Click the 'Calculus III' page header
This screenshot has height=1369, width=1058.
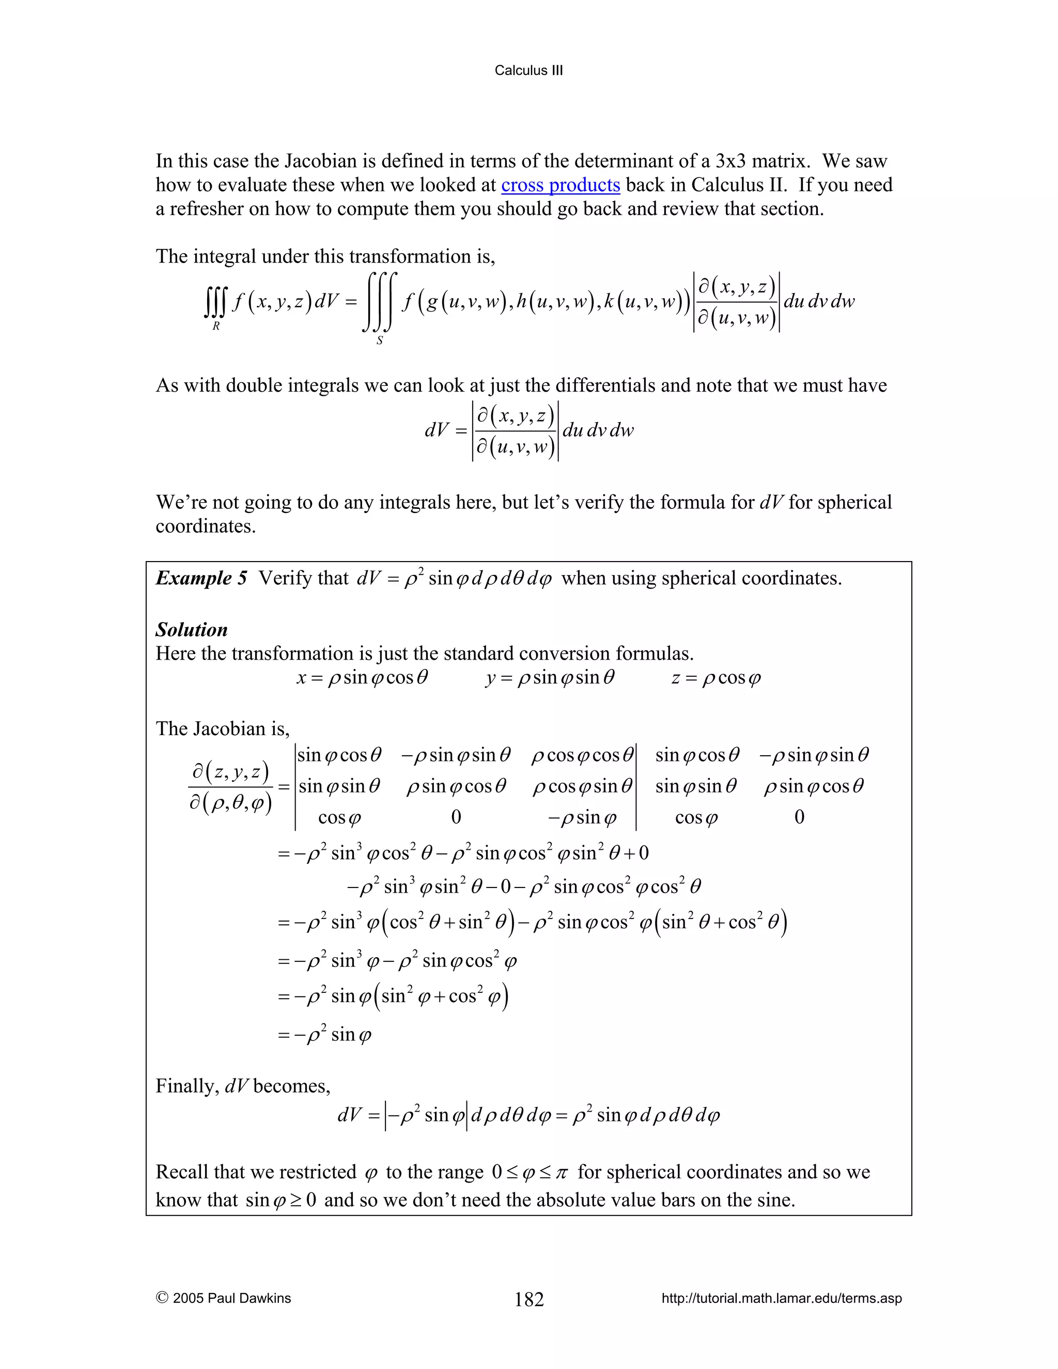point(528,70)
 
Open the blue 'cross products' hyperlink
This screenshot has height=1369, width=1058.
point(561,185)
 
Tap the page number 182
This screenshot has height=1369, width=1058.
point(529,1299)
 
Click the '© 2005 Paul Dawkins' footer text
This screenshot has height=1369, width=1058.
point(223,1298)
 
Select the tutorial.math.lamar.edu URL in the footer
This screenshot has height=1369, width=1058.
point(782,1298)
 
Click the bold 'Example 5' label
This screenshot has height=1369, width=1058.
point(201,578)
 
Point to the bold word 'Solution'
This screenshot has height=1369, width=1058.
point(191,629)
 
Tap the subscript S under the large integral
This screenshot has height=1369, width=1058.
point(379,341)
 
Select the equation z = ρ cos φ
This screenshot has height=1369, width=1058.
point(716,678)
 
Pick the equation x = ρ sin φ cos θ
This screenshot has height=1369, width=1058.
point(362,678)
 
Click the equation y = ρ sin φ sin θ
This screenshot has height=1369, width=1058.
point(550,678)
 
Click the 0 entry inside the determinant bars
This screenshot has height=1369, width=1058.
point(456,817)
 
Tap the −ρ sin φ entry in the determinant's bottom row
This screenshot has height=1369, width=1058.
point(582,817)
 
